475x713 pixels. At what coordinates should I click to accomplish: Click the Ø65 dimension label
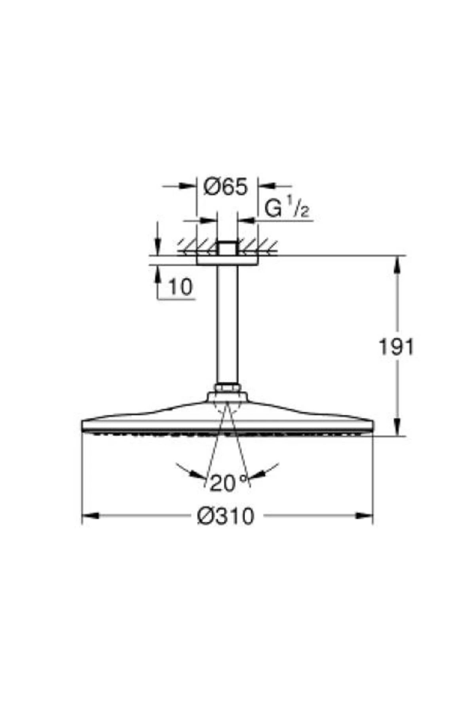click(x=226, y=187)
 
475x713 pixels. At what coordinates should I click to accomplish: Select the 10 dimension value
click(x=180, y=287)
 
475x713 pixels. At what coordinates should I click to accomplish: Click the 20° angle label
click(x=227, y=483)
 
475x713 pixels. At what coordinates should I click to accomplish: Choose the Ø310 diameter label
click(x=226, y=516)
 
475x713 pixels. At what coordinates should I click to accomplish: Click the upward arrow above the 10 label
click(x=158, y=274)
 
